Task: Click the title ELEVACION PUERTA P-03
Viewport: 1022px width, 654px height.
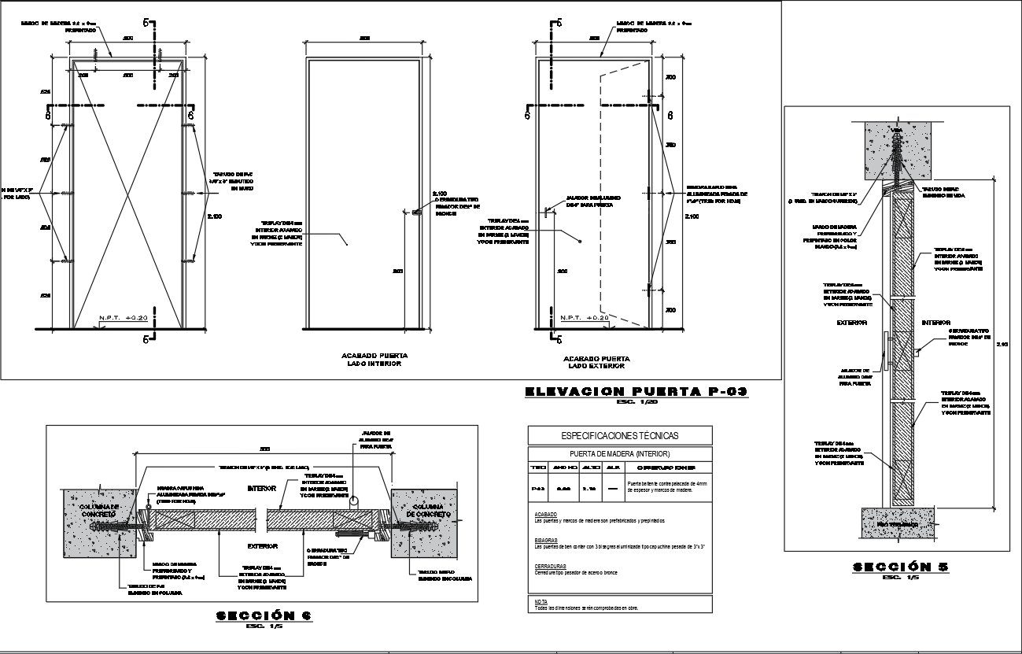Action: (x=635, y=391)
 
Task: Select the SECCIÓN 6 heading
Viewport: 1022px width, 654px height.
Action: (x=264, y=615)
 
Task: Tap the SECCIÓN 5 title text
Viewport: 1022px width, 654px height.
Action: (x=896, y=567)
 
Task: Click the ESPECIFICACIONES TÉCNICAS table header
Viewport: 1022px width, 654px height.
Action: (x=620, y=435)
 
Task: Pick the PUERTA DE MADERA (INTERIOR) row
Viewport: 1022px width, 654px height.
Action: (x=620, y=453)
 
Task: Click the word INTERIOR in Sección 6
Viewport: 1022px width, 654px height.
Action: (x=262, y=489)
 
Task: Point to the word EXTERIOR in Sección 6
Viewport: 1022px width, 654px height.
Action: (x=262, y=545)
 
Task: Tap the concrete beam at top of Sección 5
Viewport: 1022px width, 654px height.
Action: (x=897, y=142)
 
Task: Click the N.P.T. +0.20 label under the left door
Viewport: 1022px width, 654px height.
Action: (x=124, y=318)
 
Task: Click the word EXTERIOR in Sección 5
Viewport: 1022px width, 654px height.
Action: (x=851, y=323)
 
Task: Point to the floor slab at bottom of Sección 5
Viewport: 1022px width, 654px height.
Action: (x=897, y=523)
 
